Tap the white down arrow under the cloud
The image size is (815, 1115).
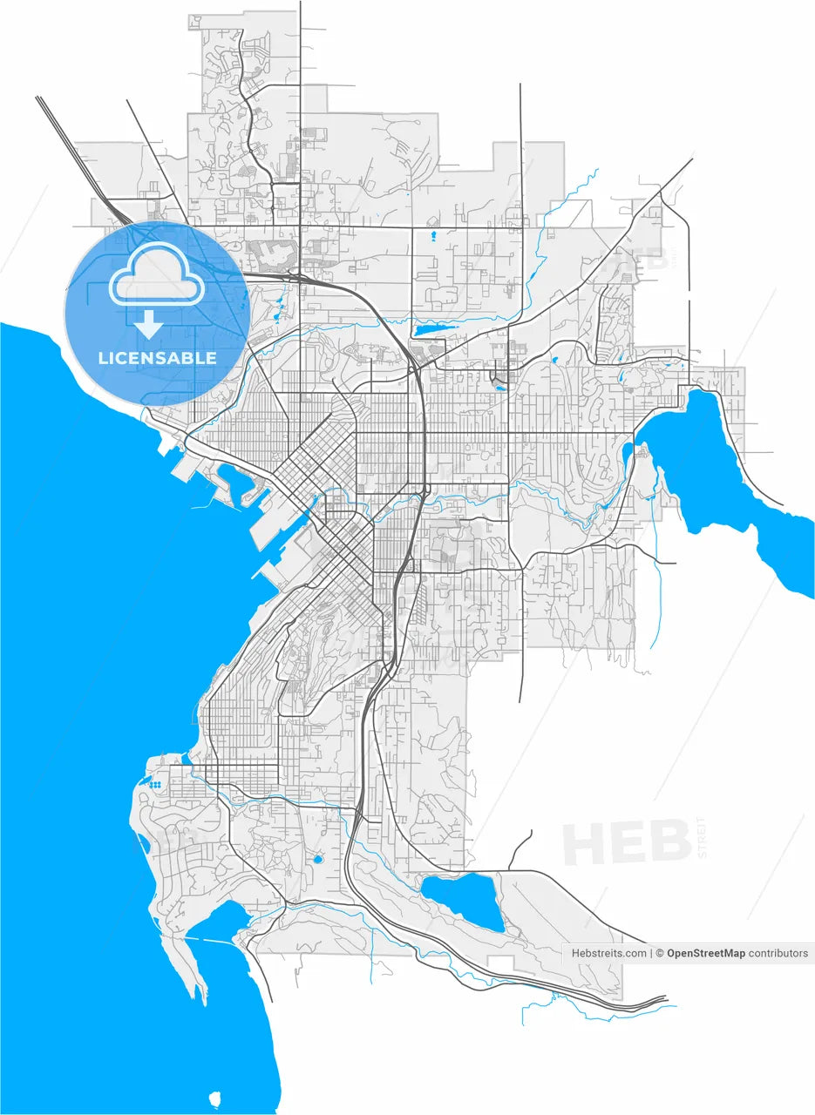click(x=149, y=324)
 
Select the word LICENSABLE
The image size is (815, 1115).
click(x=157, y=358)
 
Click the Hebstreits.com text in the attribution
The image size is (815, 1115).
click(x=608, y=953)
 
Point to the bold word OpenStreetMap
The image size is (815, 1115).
click(x=706, y=953)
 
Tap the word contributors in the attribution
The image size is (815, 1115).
click(x=778, y=953)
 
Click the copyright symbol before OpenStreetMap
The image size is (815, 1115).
click(x=661, y=953)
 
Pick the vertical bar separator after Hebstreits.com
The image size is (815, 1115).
click(x=651, y=953)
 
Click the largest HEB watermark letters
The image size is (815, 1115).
click(x=627, y=842)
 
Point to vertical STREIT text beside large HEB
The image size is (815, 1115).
click(x=703, y=837)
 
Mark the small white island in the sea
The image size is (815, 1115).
click(x=215, y=1098)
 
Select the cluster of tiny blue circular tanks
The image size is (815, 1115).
click(x=155, y=785)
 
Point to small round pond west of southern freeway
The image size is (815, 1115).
click(x=317, y=859)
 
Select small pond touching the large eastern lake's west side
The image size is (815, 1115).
click(x=628, y=451)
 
